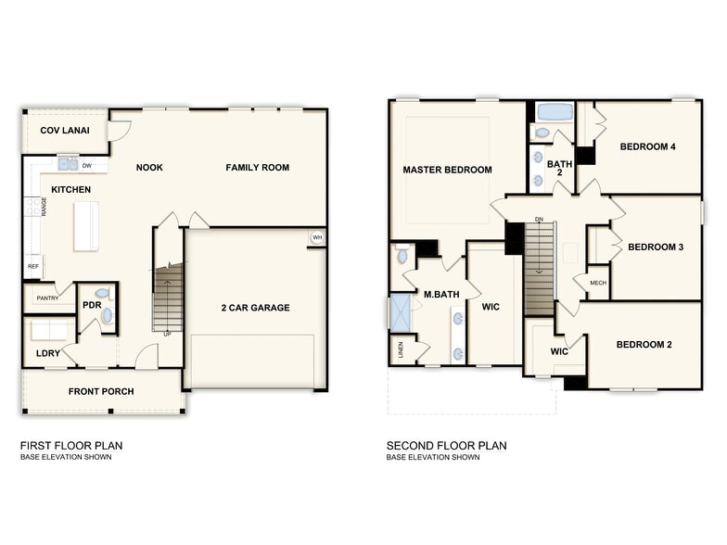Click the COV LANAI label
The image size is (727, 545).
click(x=65, y=131)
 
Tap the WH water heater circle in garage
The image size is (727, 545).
click(x=316, y=238)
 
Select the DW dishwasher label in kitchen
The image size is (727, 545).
click(x=86, y=166)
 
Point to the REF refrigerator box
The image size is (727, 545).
click(x=32, y=266)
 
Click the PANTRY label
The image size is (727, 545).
click(x=46, y=298)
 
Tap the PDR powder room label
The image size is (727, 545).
click(x=92, y=304)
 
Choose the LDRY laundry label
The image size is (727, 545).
click(x=48, y=353)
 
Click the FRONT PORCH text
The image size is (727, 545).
click(x=101, y=391)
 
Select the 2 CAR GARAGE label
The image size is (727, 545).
click(x=255, y=308)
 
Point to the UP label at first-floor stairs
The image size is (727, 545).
click(x=167, y=334)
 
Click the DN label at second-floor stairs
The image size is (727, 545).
click(x=539, y=220)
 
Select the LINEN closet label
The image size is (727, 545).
click(x=401, y=349)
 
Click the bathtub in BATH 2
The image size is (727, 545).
click(x=555, y=113)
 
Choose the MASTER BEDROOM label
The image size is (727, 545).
click(x=447, y=170)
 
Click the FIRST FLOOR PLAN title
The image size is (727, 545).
click(x=71, y=446)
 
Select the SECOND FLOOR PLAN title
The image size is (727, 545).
click(x=447, y=446)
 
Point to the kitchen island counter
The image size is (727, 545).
click(x=86, y=225)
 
